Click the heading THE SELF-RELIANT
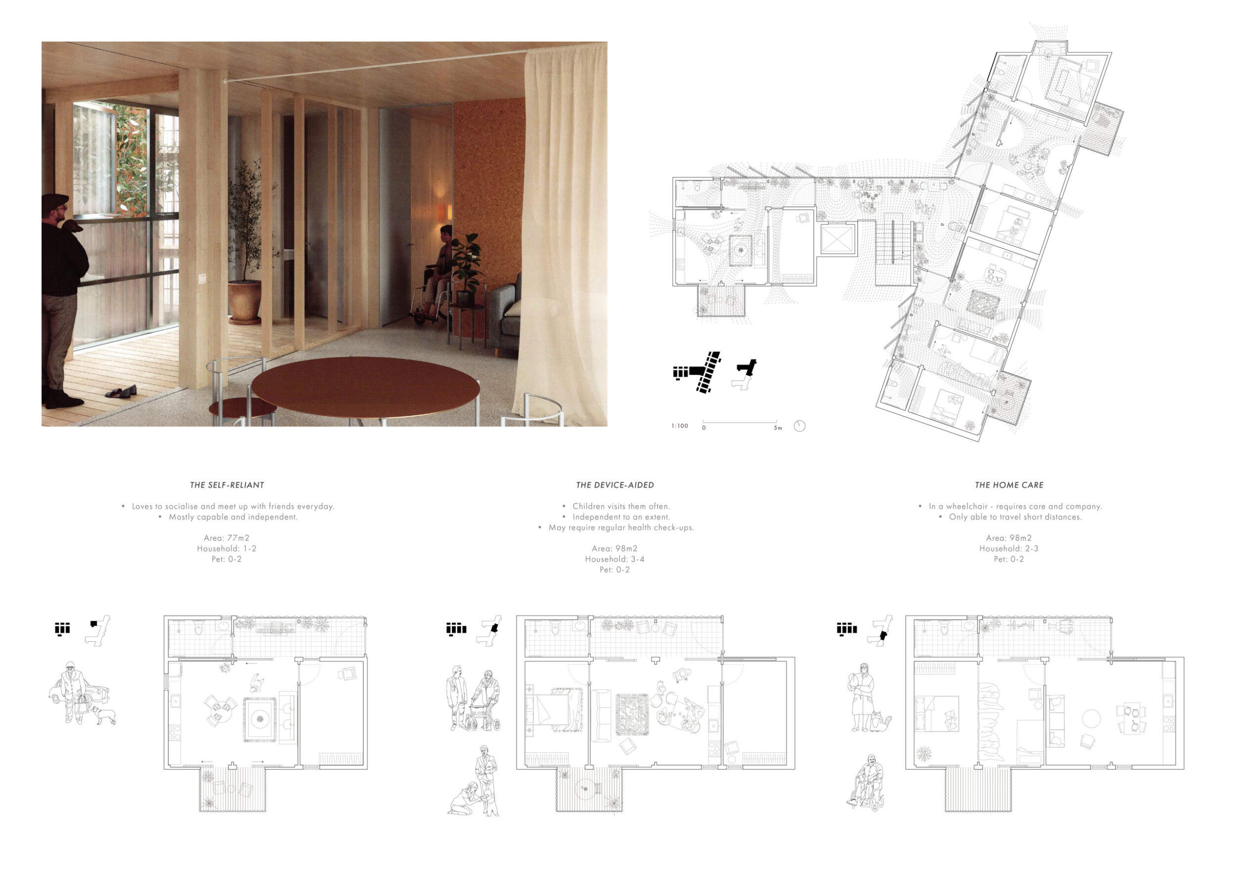pyautogui.click(x=226, y=485)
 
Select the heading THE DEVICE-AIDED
pyautogui.click(x=615, y=485)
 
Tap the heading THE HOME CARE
pyautogui.click(x=1009, y=485)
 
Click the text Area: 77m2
pyautogui.click(x=226, y=538)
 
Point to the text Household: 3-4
pyautogui.click(x=615, y=559)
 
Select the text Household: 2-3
pyautogui.click(x=1009, y=548)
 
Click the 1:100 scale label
pyautogui.click(x=679, y=426)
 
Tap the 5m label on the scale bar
pyautogui.click(x=777, y=428)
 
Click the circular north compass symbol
pyautogui.click(x=799, y=426)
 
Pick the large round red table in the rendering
pyautogui.click(x=365, y=387)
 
